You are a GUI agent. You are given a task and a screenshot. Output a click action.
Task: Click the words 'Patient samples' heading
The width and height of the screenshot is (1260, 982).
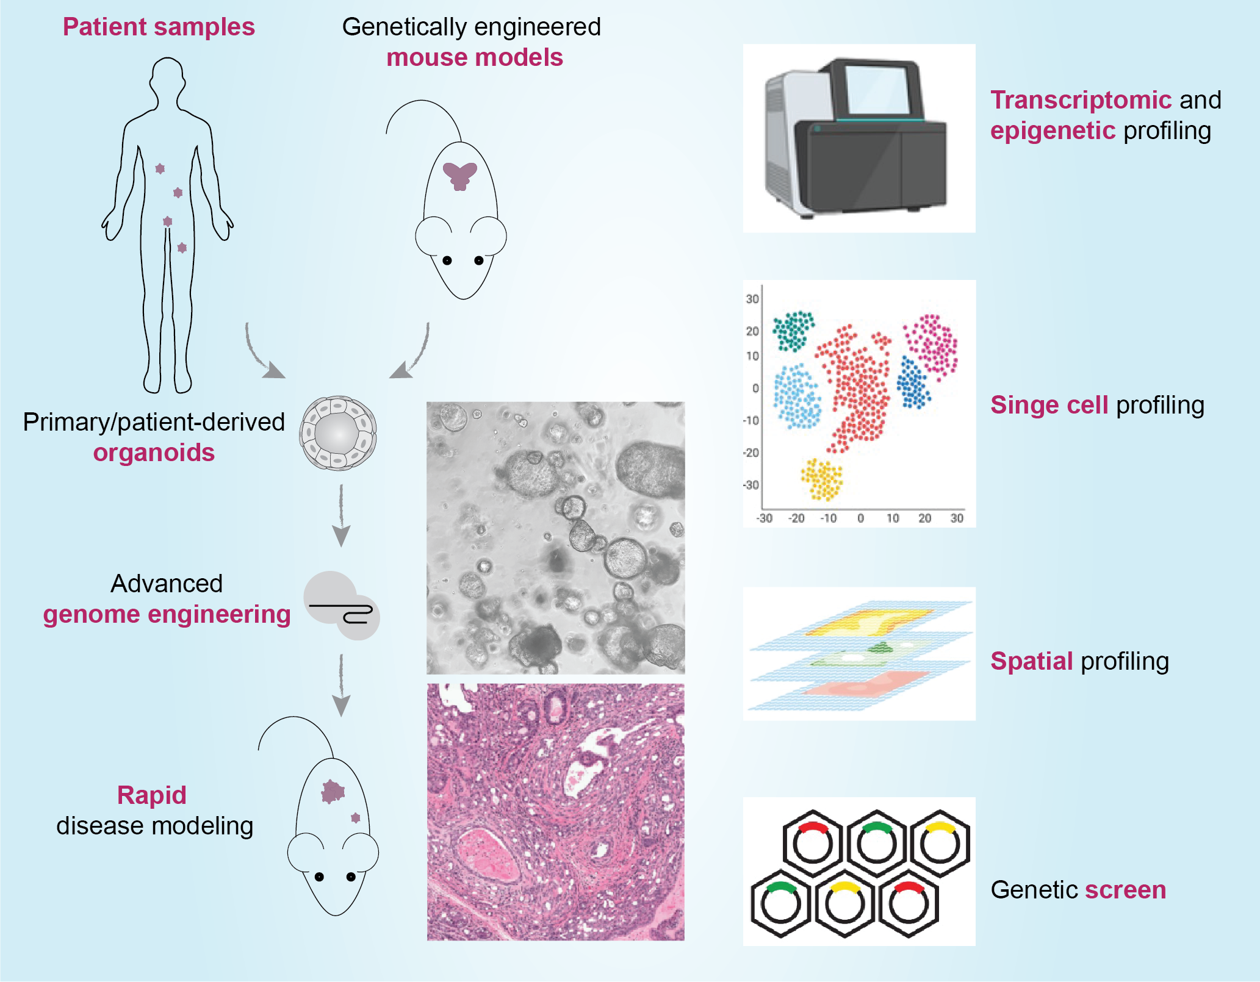point(159,27)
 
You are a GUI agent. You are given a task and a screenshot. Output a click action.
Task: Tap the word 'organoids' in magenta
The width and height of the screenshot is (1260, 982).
point(154,453)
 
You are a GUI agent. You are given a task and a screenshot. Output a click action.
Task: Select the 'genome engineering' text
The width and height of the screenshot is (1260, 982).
point(167,615)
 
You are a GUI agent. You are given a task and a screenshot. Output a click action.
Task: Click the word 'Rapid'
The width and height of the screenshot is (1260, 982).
point(151,795)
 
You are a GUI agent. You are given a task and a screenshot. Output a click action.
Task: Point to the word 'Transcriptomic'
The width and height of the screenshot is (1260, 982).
point(1081,100)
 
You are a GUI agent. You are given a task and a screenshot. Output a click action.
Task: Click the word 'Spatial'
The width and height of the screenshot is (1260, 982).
point(1031,661)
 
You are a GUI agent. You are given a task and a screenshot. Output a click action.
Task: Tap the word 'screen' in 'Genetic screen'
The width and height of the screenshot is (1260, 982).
point(1125,890)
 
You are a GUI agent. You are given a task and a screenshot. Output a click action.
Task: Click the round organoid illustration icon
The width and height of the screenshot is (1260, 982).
point(337,433)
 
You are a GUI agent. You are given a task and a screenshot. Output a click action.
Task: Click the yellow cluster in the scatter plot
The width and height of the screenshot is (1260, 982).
point(822,479)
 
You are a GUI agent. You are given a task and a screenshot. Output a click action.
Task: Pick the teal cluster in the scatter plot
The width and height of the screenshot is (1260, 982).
point(793,330)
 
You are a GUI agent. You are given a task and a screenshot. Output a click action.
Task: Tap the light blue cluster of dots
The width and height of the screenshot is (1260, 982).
point(797,396)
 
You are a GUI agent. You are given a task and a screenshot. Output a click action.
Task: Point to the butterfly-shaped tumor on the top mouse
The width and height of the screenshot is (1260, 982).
point(459,175)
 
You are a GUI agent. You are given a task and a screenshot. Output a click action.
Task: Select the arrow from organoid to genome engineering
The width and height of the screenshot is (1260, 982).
point(341,515)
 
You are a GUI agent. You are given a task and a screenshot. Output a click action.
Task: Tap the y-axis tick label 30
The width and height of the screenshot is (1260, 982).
point(752,299)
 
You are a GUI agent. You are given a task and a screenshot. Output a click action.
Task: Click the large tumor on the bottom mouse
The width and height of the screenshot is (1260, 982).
point(333,791)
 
